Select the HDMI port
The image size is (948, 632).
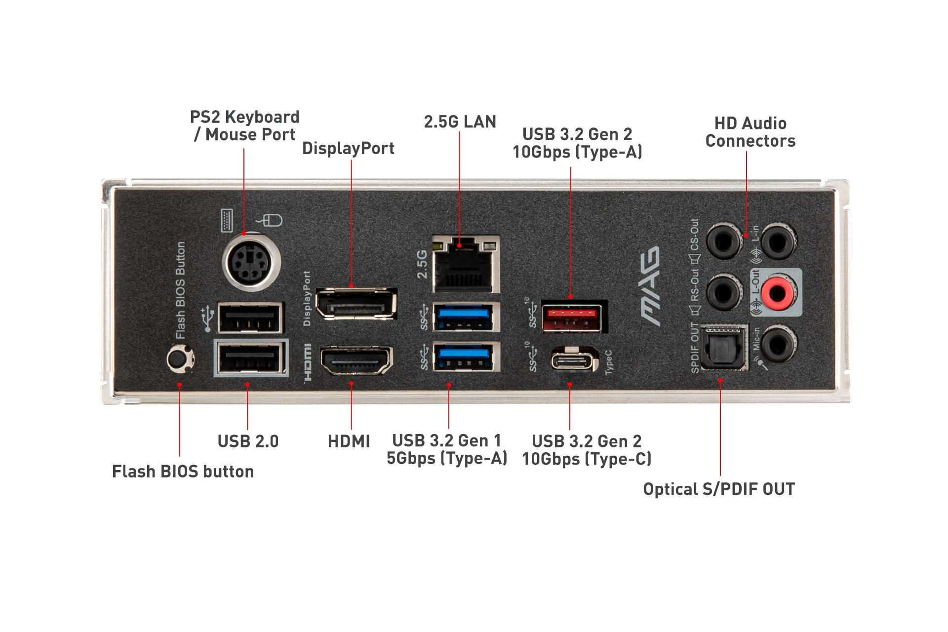356,361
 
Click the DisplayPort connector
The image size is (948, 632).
356,303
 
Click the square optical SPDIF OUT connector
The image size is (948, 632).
723,348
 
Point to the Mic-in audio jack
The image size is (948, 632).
778,344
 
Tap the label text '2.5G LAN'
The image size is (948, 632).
460,122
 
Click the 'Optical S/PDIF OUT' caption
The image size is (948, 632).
719,489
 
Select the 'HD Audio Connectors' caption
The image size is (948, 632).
750,132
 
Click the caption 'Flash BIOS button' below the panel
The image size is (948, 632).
183,472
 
